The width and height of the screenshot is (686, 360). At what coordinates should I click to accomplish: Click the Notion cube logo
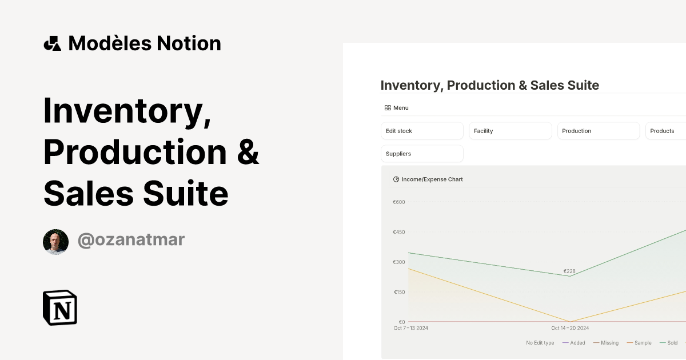click(60, 307)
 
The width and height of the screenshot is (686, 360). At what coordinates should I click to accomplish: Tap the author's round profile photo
click(55, 242)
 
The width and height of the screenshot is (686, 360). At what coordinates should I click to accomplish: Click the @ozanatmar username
click(131, 240)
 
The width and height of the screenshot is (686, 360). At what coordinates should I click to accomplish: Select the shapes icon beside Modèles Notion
click(53, 43)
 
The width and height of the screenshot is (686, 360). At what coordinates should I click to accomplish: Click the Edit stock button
click(422, 131)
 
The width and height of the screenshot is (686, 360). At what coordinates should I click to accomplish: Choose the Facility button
click(510, 131)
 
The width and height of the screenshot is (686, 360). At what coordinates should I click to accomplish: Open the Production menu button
click(599, 131)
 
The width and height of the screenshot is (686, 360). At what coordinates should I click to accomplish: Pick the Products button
click(665, 131)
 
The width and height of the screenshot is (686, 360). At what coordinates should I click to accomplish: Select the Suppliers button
click(422, 154)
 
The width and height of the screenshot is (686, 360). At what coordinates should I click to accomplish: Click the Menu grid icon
click(388, 108)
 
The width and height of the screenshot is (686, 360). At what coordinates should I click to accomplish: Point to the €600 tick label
click(398, 202)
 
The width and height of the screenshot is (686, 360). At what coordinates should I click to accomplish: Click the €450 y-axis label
click(398, 232)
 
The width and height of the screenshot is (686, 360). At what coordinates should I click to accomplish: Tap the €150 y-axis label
click(398, 292)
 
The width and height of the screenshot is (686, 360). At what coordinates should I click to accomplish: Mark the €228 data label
click(569, 271)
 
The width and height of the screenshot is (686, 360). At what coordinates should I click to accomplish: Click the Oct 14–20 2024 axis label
click(570, 328)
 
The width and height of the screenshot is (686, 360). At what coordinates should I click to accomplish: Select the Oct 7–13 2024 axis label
click(411, 328)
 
